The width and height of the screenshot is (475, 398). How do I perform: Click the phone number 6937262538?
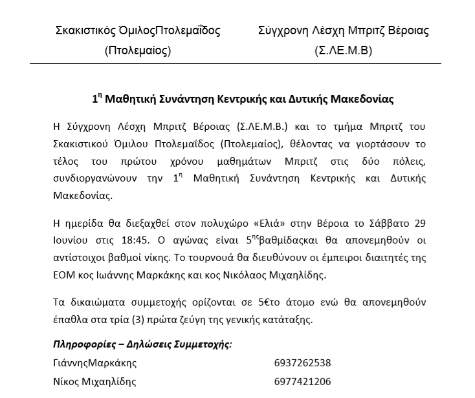click(303, 362)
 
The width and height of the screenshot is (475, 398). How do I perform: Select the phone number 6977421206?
click(303, 381)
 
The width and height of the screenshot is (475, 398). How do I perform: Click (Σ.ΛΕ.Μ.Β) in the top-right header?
click(343, 51)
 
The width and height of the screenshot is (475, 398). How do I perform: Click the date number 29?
click(420, 224)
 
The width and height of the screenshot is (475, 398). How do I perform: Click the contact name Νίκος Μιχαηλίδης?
click(94, 381)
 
